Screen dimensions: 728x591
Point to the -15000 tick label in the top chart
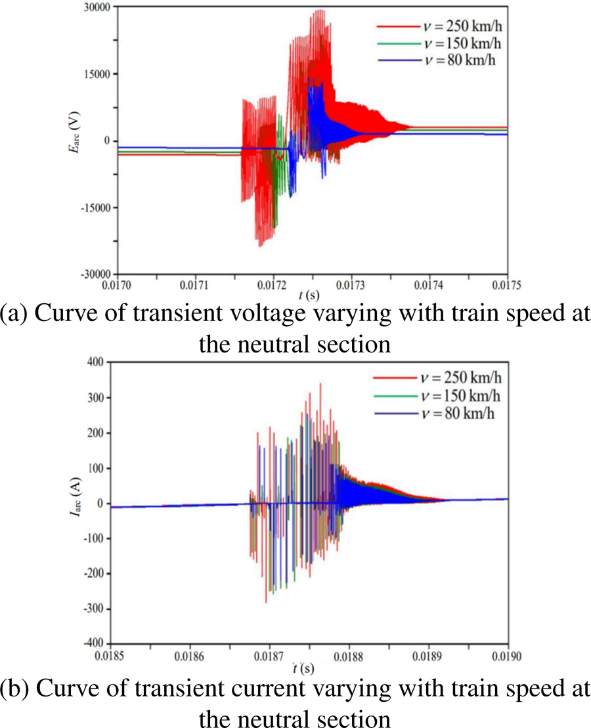(x=97, y=207)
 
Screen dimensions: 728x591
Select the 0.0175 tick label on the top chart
(x=507, y=285)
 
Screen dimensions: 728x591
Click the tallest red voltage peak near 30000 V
(x=320, y=11)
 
